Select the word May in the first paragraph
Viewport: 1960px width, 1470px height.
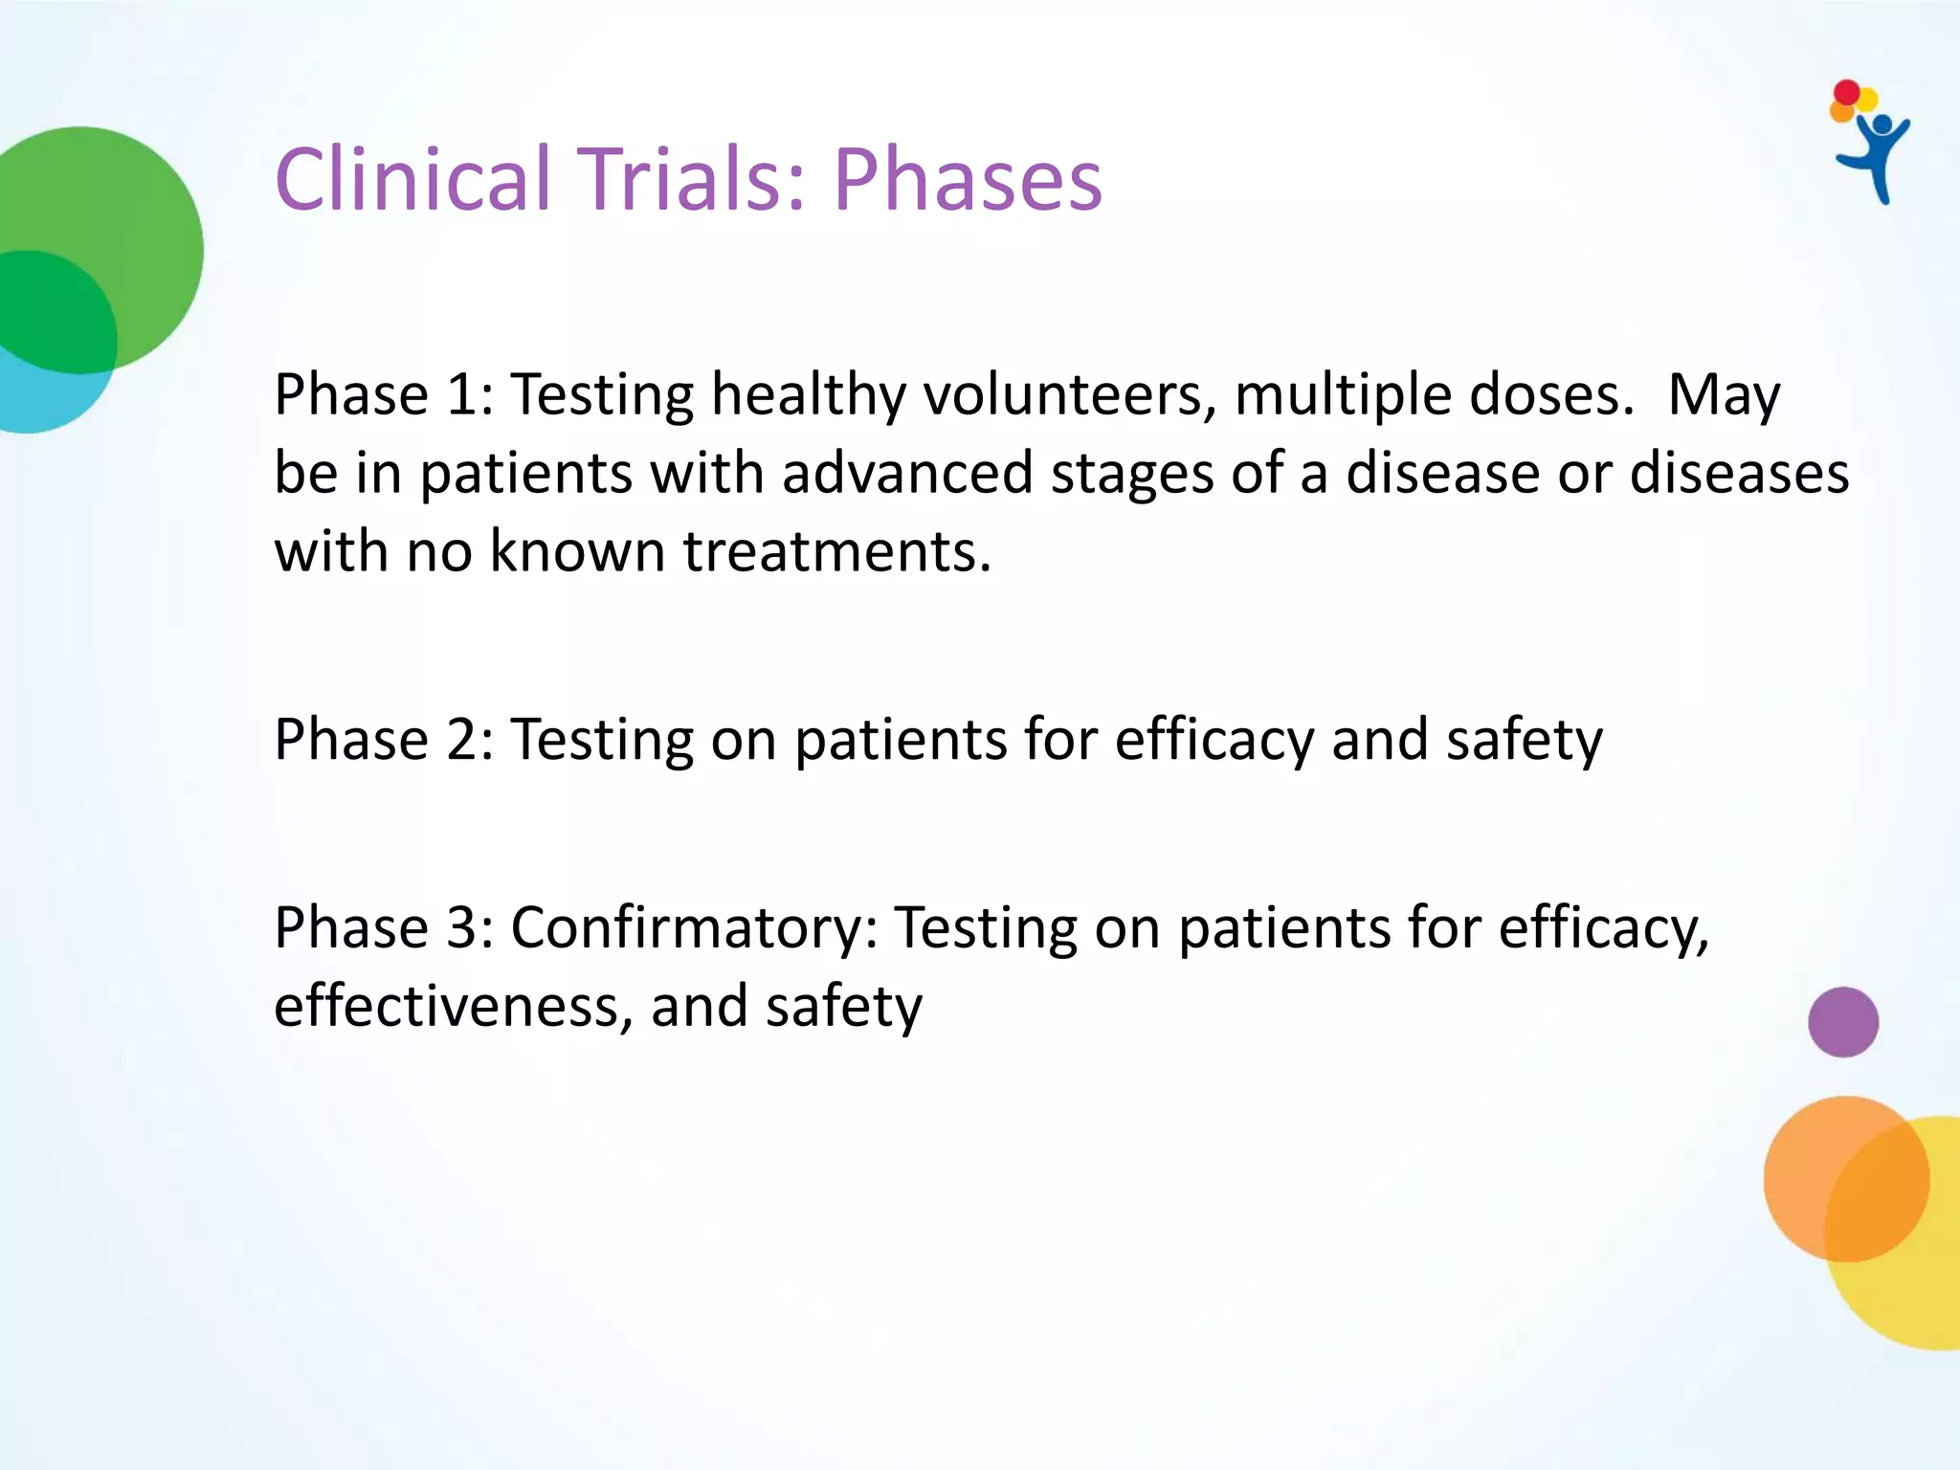tap(1723, 394)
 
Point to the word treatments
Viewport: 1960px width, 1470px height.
tap(835, 552)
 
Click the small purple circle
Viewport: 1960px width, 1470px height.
tap(1842, 1021)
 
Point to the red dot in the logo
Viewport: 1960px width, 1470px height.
tap(1846, 93)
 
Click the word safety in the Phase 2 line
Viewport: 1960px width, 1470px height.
tap(1524, 740)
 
